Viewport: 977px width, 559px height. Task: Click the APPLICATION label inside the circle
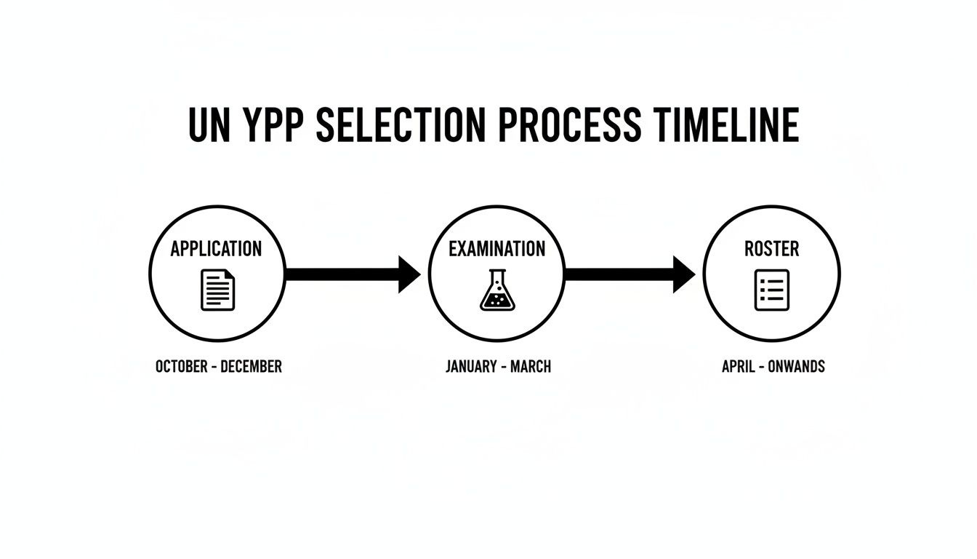pos(216,249)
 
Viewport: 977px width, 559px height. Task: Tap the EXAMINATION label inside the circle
pos(496,249)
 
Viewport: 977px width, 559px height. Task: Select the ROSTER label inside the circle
pos(771,249)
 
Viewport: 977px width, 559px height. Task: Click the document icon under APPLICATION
pos(218,290)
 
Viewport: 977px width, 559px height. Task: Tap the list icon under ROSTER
pos(771,290)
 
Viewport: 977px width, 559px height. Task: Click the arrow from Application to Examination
pos(353,274)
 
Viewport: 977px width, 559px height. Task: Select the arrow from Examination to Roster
pos(630,274)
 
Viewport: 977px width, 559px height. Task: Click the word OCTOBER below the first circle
pos(181,366)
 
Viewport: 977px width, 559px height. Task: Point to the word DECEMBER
pos(251,366)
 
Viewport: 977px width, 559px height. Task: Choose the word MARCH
pos(530,366)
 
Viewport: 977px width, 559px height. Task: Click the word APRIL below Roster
pos(740,366)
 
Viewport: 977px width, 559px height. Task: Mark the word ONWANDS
pos(797,366)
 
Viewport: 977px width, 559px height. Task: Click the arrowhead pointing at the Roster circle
pos(683,274)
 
